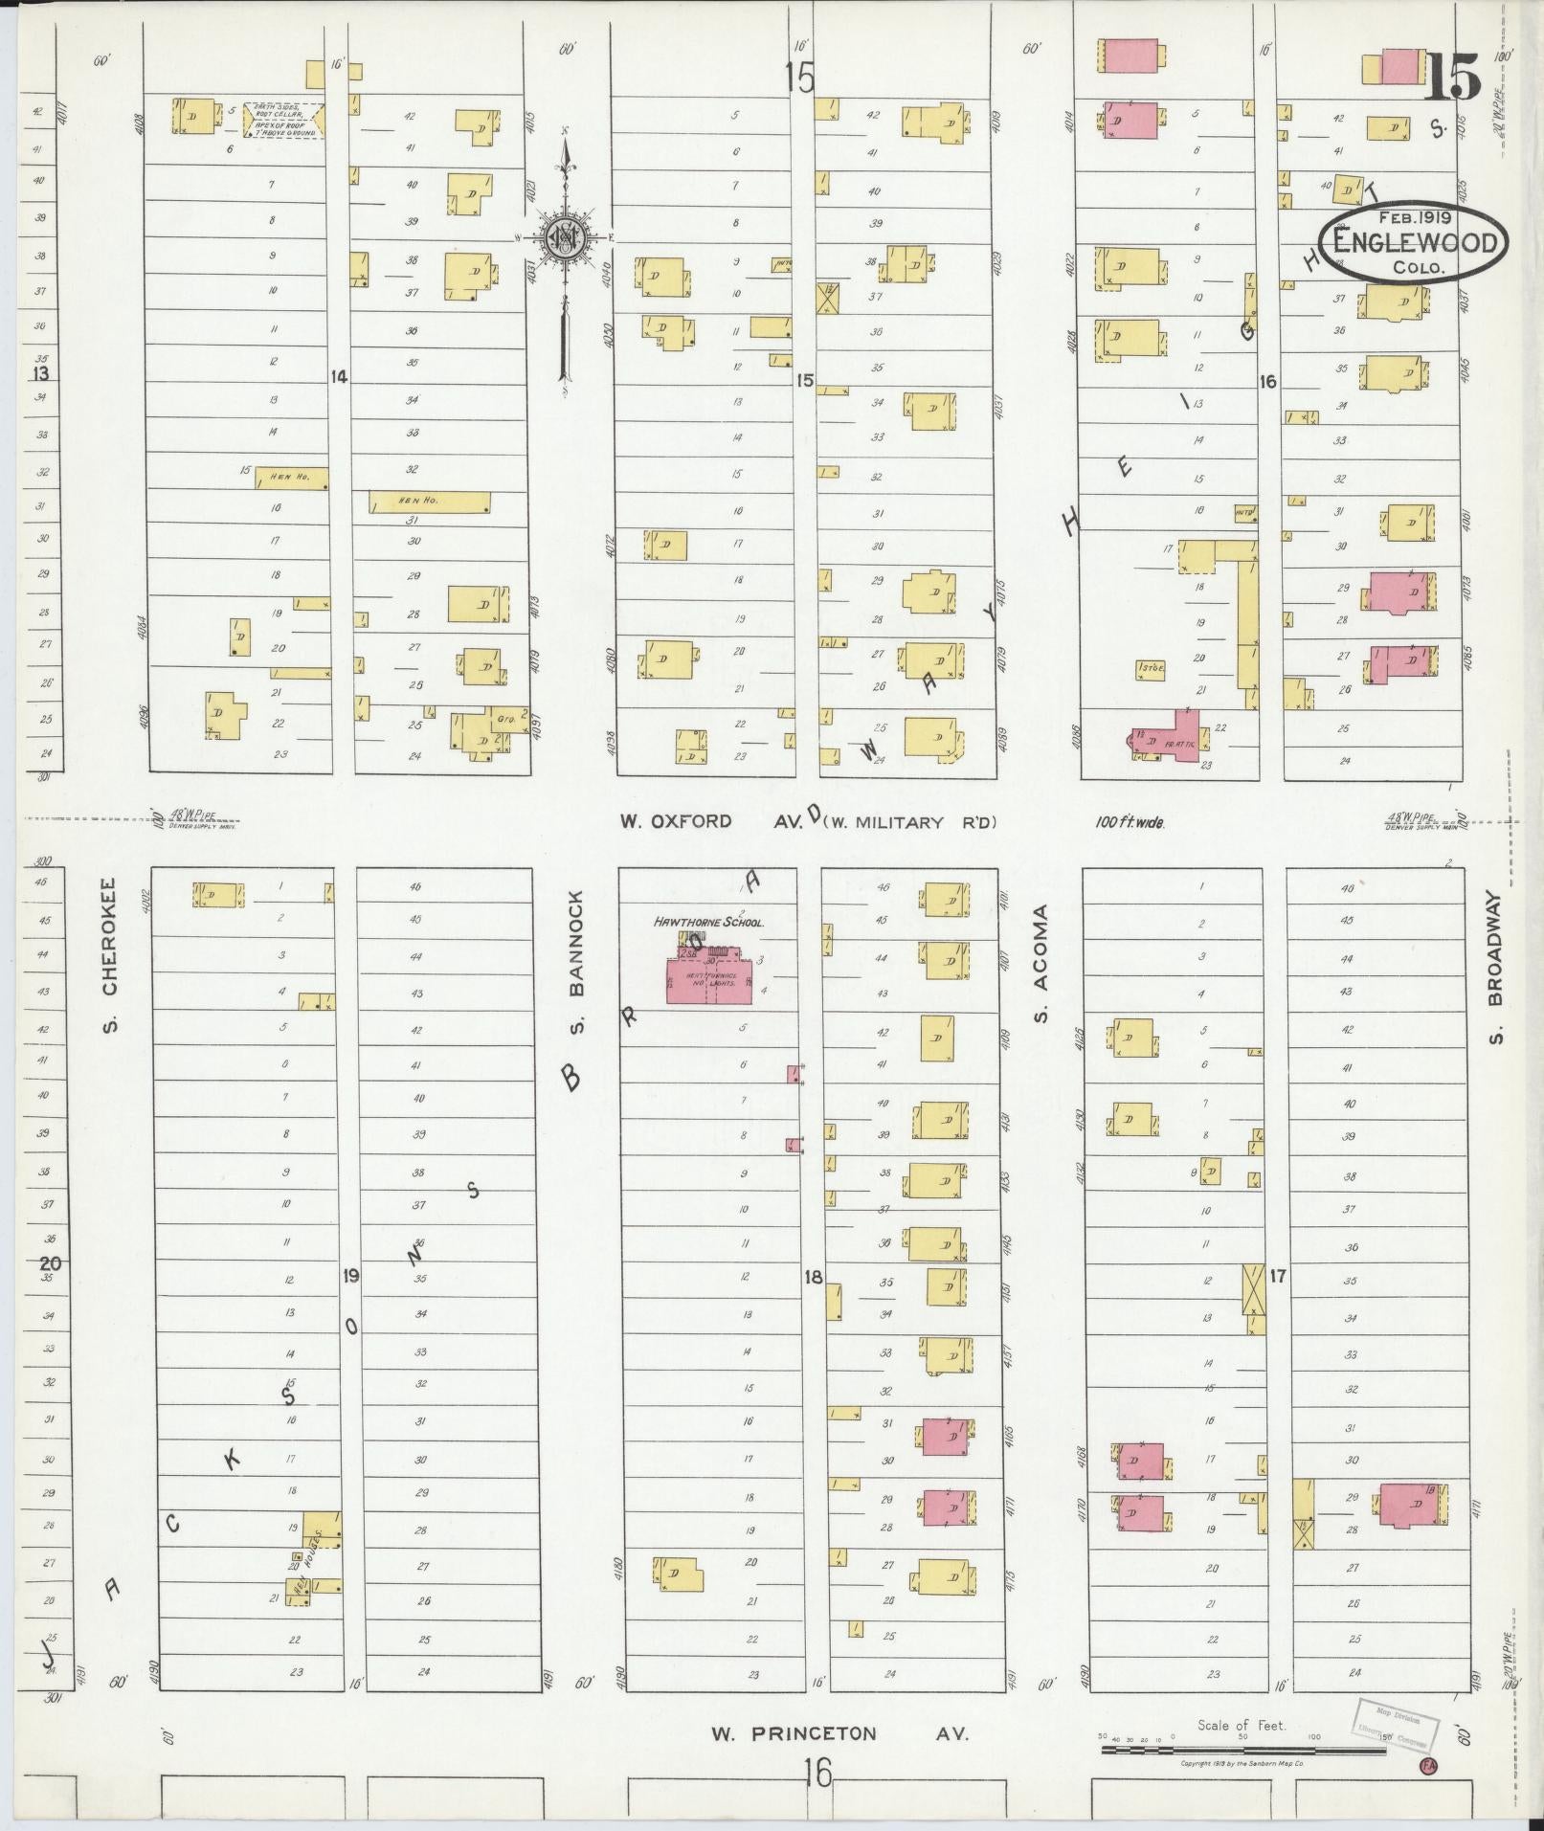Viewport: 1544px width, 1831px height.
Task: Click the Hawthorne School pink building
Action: click(708, 981)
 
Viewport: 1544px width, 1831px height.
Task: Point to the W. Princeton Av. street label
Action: click(839, 1733)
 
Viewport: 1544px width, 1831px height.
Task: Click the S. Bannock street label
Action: click(576, 962)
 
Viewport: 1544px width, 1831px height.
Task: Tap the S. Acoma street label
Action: click(1042, 963)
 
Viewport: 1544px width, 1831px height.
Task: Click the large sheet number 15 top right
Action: click(1453, 76)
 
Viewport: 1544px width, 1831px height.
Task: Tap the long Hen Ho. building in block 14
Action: click(430, 502)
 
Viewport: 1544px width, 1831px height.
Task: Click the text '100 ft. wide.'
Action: click(1130, 822)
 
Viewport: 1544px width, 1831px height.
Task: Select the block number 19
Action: click(351, 1275)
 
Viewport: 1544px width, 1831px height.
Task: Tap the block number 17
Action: click(1278, 1276)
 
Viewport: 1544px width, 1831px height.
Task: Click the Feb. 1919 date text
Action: click(1414, 216)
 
